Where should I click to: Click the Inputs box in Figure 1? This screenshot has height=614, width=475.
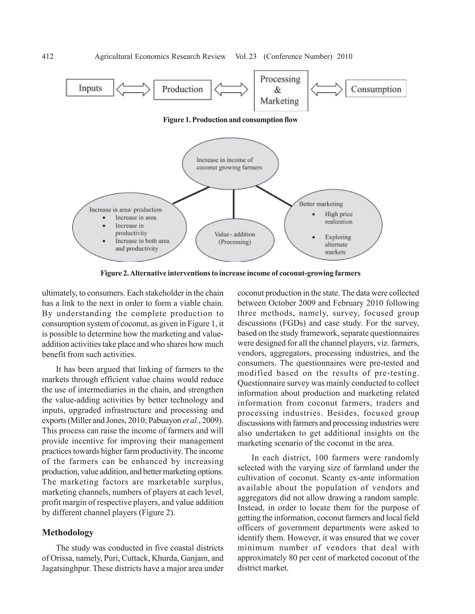(x=90, y=88)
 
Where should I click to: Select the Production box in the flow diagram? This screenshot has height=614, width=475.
(x=182, y=90)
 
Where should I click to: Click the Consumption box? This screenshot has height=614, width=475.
(x=376, y=89)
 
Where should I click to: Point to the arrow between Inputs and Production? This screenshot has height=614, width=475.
(x=133, y=89)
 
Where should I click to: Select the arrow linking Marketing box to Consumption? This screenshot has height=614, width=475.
(x=326, y=89)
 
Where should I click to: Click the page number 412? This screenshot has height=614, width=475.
(x=48, y=57)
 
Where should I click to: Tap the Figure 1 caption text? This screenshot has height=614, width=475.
(x=230, y=120)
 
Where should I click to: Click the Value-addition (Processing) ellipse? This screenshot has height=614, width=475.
(x=235, y=240)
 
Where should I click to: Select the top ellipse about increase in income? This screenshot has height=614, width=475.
(x=230, y=164)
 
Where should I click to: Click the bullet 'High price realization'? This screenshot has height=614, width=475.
(x=339, y=218)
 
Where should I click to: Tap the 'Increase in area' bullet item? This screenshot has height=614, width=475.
(x=135, y=218)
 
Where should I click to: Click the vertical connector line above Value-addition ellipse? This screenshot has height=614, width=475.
(x=233, y=204)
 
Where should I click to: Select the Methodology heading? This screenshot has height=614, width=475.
(x=68, y=532)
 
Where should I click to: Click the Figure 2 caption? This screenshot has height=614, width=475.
(x=230, y=273)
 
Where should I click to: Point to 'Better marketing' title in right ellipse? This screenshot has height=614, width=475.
(x=321, y=204)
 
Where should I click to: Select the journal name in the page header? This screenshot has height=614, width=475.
(x=160, y=57)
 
